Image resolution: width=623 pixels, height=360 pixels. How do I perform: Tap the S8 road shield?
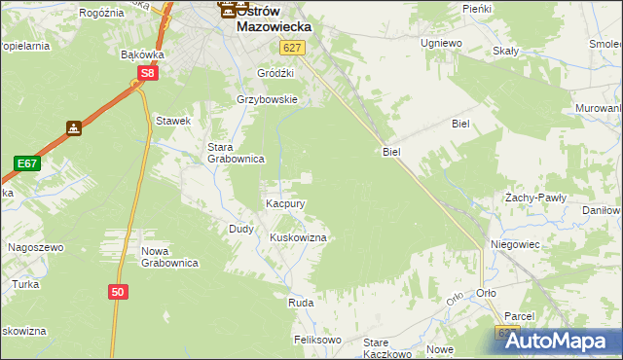pos(147,73)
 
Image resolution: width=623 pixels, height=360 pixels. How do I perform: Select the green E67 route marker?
pos(26,163)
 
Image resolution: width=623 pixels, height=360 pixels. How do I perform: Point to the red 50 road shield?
pos(118,291)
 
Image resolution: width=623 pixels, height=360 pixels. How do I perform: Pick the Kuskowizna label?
pos(297,237)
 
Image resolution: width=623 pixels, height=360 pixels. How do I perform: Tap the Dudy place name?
pos(241,229)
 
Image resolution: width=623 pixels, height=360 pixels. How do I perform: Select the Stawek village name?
pos(172,121)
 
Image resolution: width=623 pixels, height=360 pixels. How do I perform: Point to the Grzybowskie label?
pos(267,99)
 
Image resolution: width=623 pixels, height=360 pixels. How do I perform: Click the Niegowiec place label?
pos(515,244)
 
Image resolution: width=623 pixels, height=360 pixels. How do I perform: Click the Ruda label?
pos(300,304)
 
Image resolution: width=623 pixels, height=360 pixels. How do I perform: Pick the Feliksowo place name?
pos(318,340)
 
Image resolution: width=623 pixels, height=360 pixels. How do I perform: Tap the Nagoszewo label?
pos(35,247)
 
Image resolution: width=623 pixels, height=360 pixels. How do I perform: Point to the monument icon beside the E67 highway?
pos(74,127)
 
